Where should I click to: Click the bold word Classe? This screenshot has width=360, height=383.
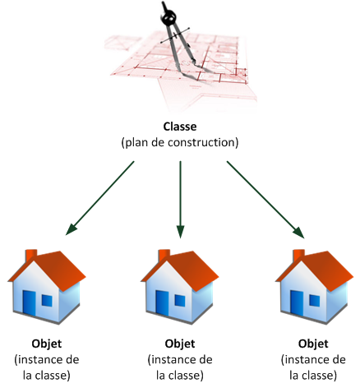(x=180, y=127)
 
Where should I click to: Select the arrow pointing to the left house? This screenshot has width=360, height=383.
(x=100, y=198)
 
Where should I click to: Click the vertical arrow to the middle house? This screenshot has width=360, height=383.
(x=180, y=200)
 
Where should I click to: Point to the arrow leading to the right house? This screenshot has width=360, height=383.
(x=265, y=200)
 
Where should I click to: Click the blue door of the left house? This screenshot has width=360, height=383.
(x=30, y=303)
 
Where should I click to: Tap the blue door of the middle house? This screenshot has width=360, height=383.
(x=162, y=303)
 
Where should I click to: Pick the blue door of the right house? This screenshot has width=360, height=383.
(x=297, y=303)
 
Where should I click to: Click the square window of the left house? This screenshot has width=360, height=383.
(x=47, y=301)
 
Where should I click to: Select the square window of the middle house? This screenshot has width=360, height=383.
(x=180, y=301)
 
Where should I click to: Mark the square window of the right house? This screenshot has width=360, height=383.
(x=315, y=301)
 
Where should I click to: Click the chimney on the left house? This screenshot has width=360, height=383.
(x=31, y=256)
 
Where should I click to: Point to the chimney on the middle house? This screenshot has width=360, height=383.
(x=164, y=256)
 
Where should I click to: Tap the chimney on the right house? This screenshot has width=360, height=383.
(x=299, y=256)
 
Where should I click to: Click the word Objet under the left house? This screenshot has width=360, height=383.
(x=47, y=344)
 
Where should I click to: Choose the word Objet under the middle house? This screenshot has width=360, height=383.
(x=180, y=344)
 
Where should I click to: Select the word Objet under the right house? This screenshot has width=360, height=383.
(x=313, y=344)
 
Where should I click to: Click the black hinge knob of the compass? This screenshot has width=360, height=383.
(x=168, y=17)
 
